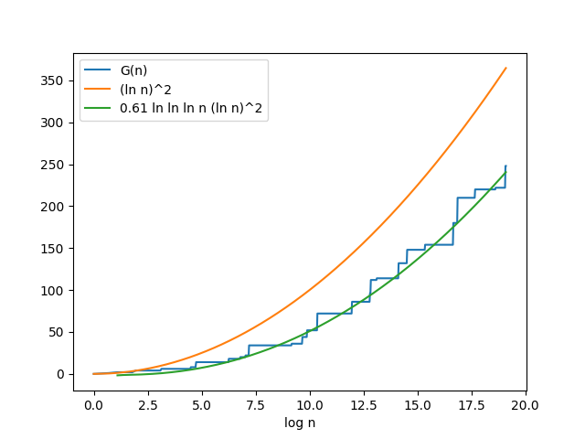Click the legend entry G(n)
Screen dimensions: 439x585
[x=133, y=71]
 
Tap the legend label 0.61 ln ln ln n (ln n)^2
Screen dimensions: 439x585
[x=191, y=108]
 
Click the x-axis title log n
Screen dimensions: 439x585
[x=299, y=423]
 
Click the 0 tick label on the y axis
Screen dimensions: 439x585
[x=62, y=374]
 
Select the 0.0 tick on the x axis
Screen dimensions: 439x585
[x=94, y=404]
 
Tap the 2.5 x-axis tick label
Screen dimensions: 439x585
[x=148, y=404]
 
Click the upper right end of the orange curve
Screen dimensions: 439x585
[x=505, y=68]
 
